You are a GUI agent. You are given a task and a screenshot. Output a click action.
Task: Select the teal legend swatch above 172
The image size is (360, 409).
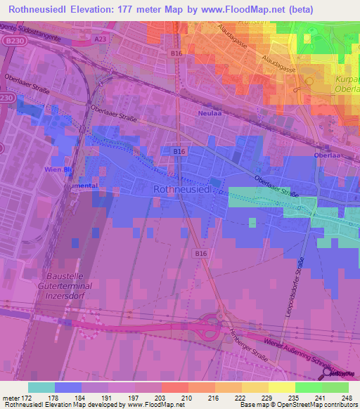pos(41,387)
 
